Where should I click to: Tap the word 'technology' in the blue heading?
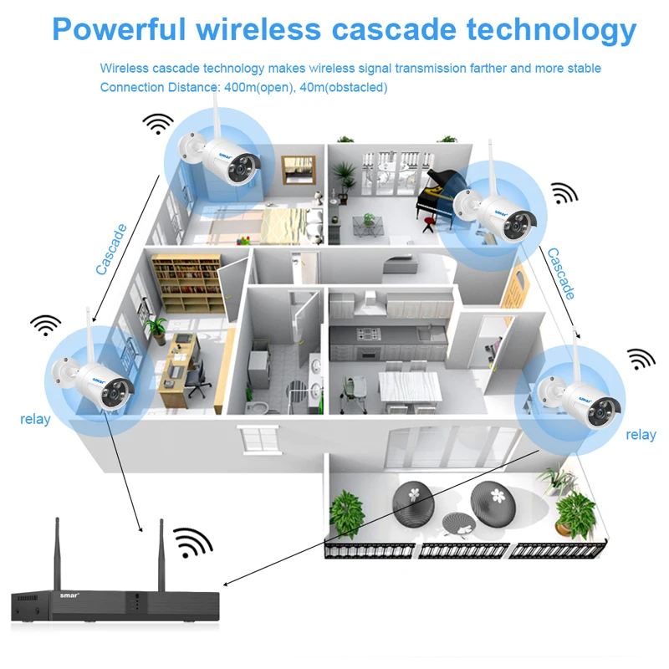pyautogui.click(x=552, y=28)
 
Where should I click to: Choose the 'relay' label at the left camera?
pyautogui.click(x=35, y=419)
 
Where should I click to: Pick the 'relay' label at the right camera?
pyautogui.click(x=641, y=435)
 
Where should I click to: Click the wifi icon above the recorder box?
pyautogui.click(x=193, y=543)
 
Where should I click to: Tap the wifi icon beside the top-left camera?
pyautogui.click(x=158, y=124)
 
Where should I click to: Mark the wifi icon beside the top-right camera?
pyautogui.click(x=564, y=194)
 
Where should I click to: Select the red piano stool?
pyautogui.click(x=430, y=223)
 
